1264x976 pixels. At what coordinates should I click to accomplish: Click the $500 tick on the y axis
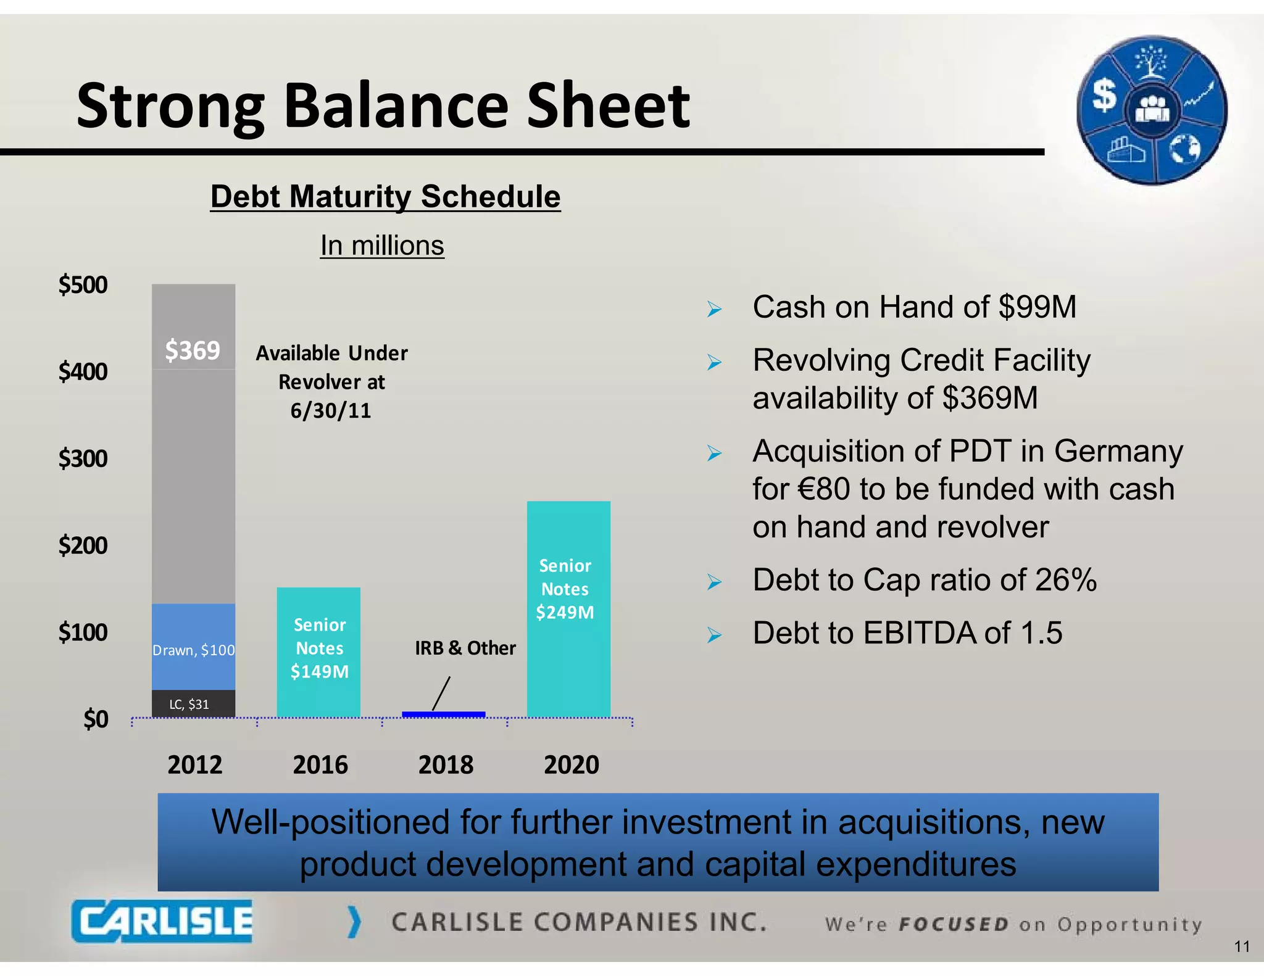(x=83, y=285)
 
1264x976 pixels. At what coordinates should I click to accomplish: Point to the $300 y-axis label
(x=83, y=458)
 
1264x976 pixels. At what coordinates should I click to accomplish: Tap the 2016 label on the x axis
(x=320, y=764)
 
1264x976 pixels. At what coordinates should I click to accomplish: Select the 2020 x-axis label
(x=571, y=764)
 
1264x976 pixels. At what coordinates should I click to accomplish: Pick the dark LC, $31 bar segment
(x=193, y=704)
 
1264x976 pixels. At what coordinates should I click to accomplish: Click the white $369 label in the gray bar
(x=193, y=350)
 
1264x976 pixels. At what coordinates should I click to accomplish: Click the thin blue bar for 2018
(x=443, y=714)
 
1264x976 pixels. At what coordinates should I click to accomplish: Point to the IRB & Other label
(x=465, y=648)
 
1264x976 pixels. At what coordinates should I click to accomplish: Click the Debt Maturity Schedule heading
(x=385, y=197)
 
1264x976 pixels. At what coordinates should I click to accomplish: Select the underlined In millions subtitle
(x=382, y=246)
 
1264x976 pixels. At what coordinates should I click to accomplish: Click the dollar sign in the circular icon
(x=1104, y=96)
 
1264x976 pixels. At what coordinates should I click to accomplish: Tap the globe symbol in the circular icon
(x=1184, y=148)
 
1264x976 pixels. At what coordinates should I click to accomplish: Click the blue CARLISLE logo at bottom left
(x=162, y=921)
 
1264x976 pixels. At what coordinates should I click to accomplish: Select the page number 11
(x=1242, y=946)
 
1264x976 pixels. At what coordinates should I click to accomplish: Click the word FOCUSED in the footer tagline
(x=954, y=925)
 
